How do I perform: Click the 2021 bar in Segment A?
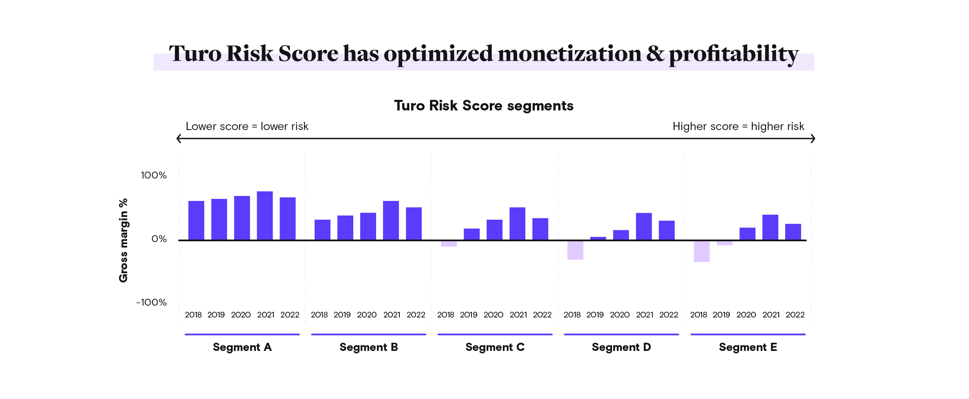pos(265,216)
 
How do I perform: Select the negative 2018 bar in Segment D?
pos(575,250)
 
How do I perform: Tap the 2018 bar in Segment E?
pos(702,251)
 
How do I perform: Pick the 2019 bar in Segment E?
pos(725,243)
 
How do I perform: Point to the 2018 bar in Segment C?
pos(449,244)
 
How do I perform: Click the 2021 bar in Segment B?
pos(391,220)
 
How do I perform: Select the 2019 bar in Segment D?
pos(598,238)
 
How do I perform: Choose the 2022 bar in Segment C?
pos(540,229)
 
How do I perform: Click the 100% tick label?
pos(154,175)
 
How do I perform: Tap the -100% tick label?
pos(152,302)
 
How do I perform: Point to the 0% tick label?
pos(159,239)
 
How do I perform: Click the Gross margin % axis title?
pos(123,240)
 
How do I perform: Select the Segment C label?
pos(495,347)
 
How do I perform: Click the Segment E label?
pos(748,347)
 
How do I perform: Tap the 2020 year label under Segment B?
pos(367,315)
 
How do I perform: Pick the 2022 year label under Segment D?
pos(669,315)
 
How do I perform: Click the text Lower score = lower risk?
pos(247,126)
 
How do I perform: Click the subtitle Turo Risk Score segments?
pos(484,106)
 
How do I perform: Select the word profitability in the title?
pos(733,54)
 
